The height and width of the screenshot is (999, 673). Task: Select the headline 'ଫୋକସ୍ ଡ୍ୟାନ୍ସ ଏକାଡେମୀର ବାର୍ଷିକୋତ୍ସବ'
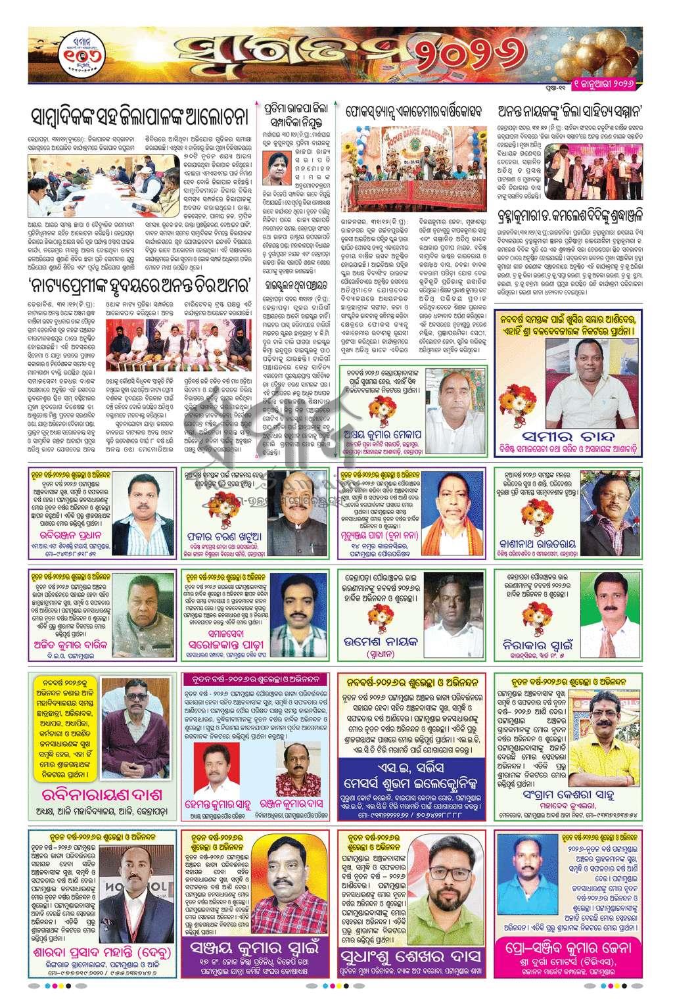[416, 112]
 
